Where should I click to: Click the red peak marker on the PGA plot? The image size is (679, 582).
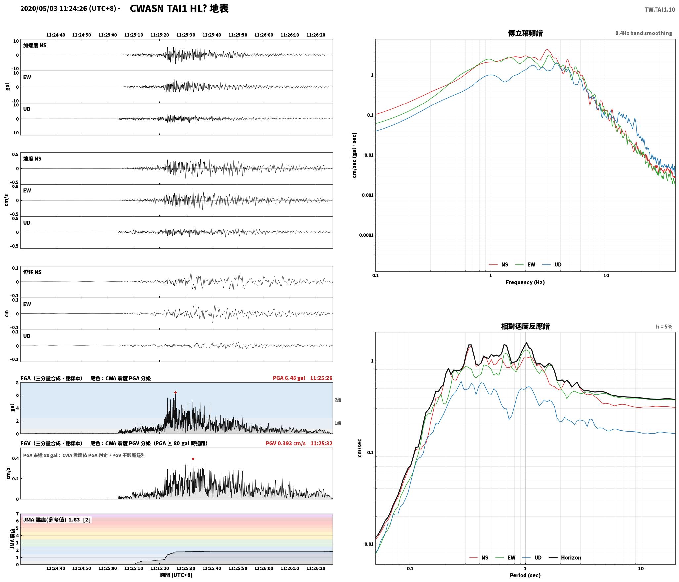coord(175,392)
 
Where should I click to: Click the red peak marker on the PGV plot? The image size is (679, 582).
coord(193,459)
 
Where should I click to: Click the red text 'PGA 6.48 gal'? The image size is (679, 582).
coord(289,378)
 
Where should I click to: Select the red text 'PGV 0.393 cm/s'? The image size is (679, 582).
coord(286,443)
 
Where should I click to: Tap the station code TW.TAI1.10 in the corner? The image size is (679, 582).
coord(659,10)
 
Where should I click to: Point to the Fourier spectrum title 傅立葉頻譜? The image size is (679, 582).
coord(525,33)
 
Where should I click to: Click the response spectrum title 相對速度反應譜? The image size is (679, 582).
coord(525,326)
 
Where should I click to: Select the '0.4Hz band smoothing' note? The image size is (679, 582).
coord(644,33)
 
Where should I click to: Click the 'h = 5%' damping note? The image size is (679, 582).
coord(664,327)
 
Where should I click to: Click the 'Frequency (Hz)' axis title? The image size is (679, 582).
coord(525,282)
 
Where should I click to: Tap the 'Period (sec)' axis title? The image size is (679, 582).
coord(525,575)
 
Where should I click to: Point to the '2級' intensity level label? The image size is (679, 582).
coord(338,400)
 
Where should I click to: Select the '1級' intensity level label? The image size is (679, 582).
coord(338,423)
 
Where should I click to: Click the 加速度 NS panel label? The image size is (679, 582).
coord(35,45)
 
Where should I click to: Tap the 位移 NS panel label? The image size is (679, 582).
coord(32,272)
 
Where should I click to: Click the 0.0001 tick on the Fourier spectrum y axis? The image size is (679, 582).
coord(366,235)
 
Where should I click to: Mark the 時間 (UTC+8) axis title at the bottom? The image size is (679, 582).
coord(176,575)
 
